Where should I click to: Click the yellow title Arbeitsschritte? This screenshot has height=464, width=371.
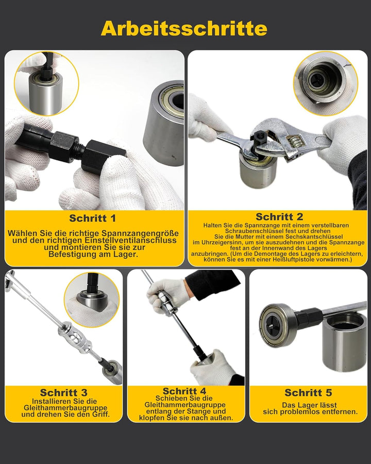(x=184, y=29)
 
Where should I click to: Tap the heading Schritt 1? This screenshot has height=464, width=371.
(x=93, y=218)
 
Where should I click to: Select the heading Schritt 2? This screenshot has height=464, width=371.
(x=279, y=217)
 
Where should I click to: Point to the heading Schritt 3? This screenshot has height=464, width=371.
(x=63, y=393)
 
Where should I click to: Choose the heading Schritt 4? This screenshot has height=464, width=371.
(x=184, y=391)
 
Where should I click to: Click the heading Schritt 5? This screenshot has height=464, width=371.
(x=308, y=393)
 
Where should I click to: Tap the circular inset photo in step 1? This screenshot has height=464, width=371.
(x=46, y=84)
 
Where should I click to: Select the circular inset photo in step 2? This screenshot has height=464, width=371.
(x=326, y=83)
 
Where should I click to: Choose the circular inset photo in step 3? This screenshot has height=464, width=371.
(x=92, y=300)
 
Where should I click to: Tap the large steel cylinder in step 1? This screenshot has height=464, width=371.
(x=164, y=123)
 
